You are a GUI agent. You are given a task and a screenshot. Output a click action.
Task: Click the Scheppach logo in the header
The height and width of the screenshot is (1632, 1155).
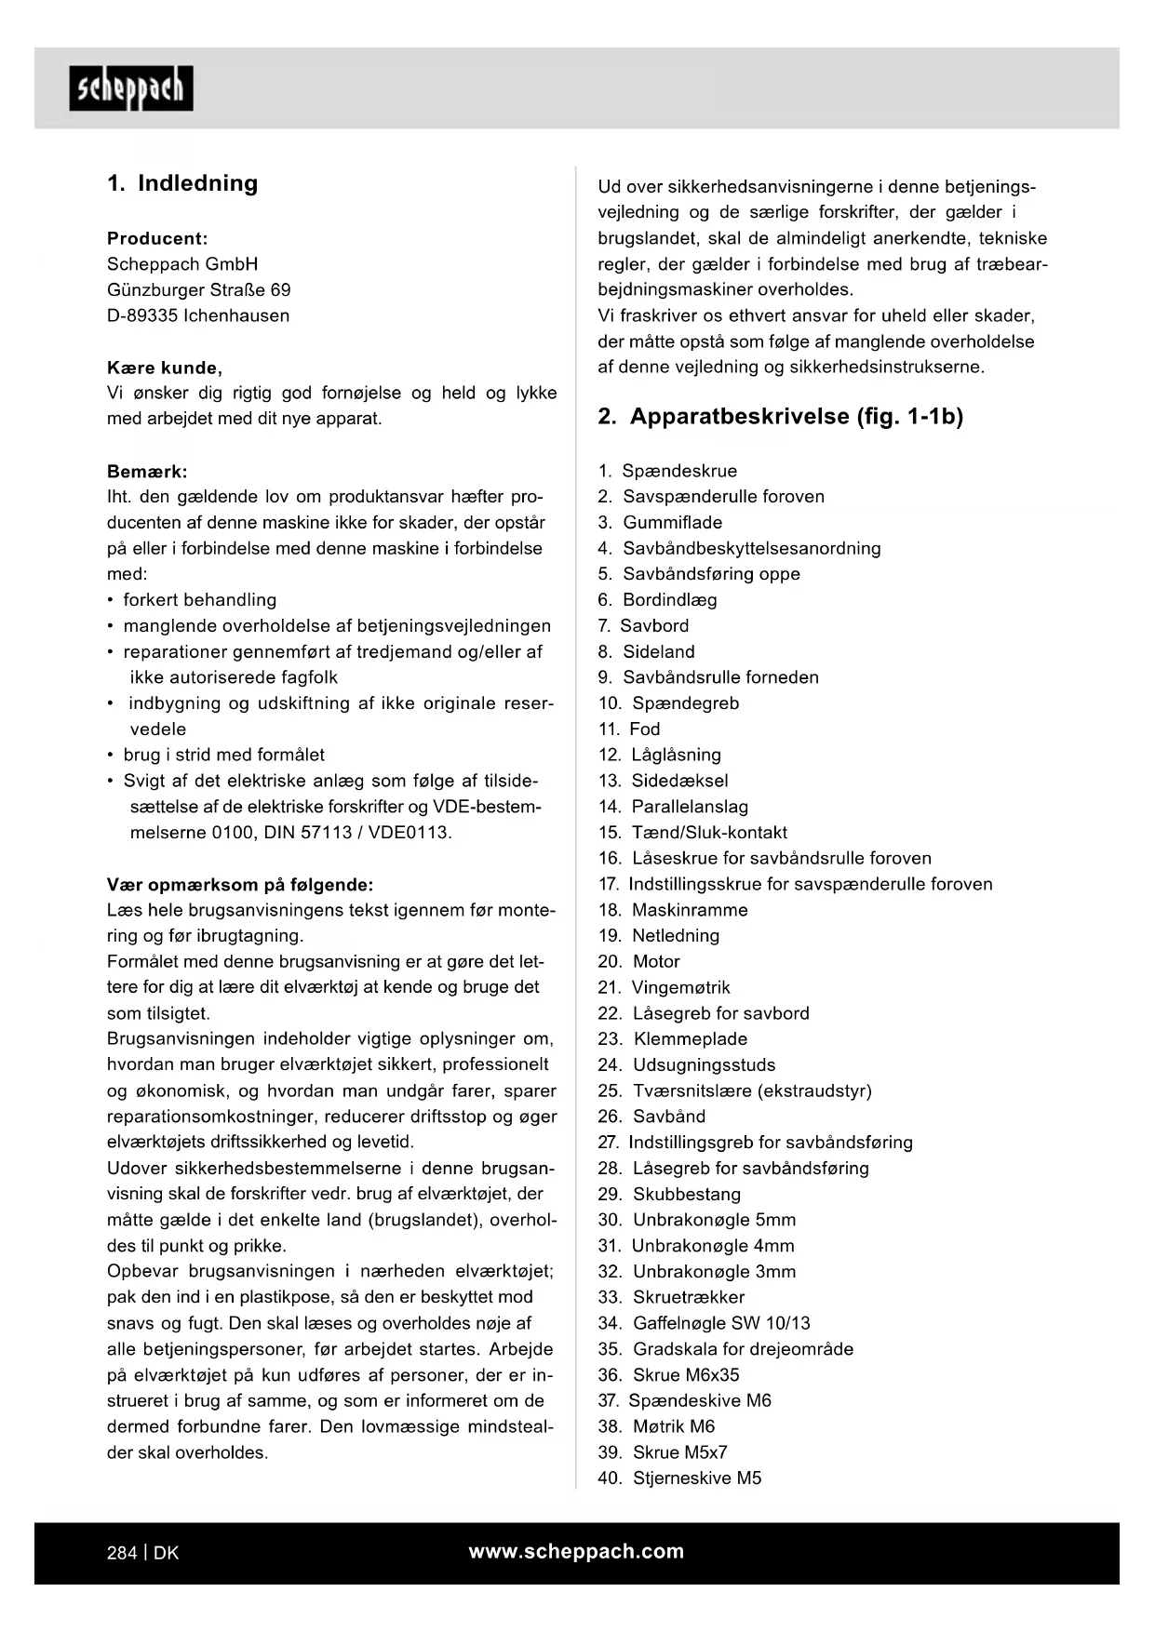coord(131,88)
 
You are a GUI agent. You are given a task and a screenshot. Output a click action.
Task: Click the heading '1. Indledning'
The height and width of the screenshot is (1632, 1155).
coord(182,183)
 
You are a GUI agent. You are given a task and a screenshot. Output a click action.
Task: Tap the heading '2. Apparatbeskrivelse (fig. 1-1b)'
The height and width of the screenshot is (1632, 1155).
coord(780,416)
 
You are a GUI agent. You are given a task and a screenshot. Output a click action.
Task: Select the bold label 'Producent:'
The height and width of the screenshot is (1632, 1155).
coord(157,238)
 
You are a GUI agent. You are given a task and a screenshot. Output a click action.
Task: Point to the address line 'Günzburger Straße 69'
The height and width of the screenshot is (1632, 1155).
coord(198,289)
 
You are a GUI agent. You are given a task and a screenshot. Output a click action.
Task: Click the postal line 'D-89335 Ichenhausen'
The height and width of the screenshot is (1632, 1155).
coord(198,315)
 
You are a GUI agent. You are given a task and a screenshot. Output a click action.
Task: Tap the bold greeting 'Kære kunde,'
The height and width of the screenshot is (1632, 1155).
coord(165,368)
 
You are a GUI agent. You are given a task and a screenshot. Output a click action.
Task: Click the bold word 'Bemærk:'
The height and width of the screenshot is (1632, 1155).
coord(147,472)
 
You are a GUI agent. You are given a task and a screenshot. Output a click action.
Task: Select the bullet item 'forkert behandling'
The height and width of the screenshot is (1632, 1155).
coord(199,600)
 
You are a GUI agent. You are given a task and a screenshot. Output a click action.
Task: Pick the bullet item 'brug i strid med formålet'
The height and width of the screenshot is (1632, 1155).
coord(223,755)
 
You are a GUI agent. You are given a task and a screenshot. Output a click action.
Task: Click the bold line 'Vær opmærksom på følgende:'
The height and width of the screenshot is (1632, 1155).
coord(240,885)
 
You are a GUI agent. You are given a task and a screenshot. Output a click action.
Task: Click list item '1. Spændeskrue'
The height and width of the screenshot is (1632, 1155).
coord(667,471)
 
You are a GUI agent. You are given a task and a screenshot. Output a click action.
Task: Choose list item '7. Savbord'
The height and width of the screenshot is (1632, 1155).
coord(643,626)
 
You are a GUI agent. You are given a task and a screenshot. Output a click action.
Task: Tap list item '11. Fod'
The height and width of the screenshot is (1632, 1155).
coord(629,729)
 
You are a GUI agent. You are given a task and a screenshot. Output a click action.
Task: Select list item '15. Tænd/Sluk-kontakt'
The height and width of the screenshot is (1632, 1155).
coord(692,833)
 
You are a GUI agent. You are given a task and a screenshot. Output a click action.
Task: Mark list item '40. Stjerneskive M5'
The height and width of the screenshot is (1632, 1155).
coord(679,1478)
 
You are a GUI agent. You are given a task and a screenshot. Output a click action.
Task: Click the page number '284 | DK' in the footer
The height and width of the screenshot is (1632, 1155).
coord(142,1553)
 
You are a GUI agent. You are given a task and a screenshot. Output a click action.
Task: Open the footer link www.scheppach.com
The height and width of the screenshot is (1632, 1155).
coord(576,1551)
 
